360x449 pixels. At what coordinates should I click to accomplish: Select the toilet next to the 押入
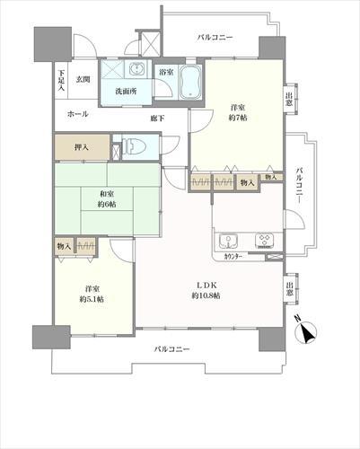(133, 146)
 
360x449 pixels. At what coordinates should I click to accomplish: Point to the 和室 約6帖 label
(108, 198)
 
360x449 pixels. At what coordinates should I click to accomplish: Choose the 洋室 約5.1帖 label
(90, 293)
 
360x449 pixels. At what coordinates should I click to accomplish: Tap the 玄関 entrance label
(83, 79)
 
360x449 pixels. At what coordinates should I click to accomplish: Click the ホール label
(77, 115)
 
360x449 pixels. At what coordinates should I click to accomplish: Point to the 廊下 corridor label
(156, 118)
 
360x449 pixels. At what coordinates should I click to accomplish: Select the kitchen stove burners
(265, 241)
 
